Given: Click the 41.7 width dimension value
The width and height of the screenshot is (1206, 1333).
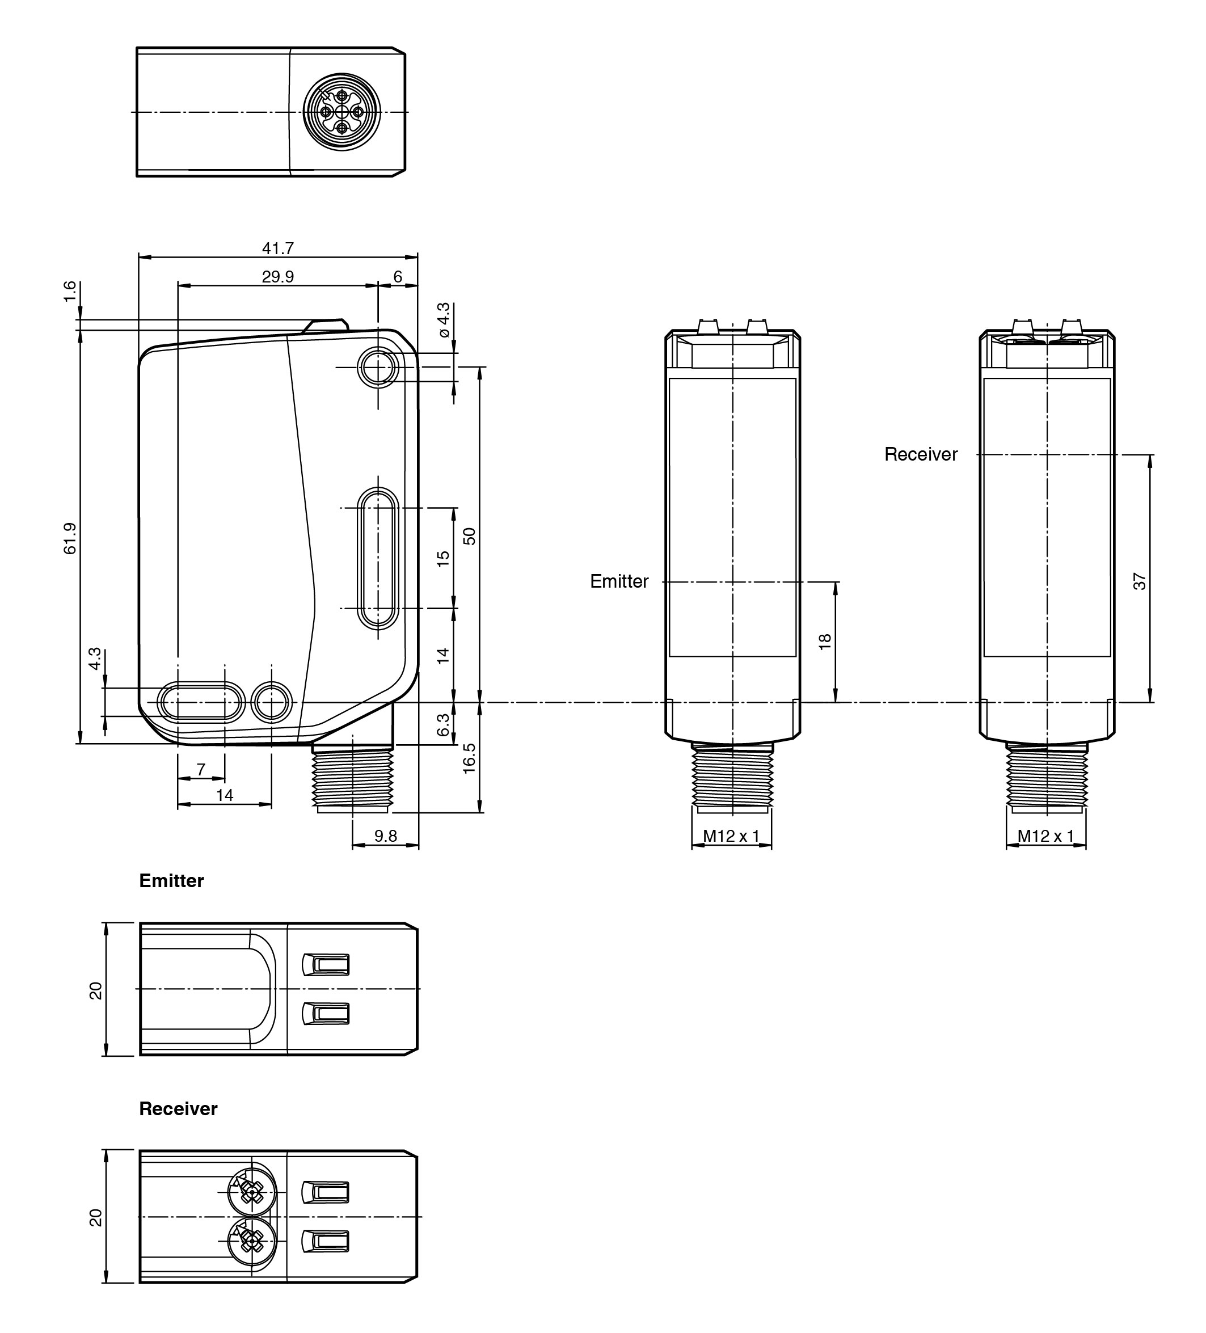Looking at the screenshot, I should pos(278,248).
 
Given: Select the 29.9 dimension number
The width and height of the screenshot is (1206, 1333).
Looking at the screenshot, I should pos(278,277).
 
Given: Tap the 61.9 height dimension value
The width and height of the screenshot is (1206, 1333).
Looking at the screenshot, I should pos(70,538).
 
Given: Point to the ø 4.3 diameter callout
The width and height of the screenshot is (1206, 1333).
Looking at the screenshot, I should pos(444,320).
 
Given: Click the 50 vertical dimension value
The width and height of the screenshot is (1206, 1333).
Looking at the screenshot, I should pos(470,535).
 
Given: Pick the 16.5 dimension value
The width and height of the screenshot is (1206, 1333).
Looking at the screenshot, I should pos(470,758).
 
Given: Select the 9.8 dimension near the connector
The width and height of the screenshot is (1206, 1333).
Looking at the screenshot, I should pos(386,836).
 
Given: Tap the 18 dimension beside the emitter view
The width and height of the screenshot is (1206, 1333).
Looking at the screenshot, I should pos(825,642).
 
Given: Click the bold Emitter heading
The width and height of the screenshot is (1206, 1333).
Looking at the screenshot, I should pos(171,881).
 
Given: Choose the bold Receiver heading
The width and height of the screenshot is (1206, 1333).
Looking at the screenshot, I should pos(178,1109).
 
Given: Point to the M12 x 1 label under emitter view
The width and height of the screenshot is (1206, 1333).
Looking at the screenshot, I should pos(731,836).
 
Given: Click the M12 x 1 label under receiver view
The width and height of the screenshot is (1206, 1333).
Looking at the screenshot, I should pos(1046,836).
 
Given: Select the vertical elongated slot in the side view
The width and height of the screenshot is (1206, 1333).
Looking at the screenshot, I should pos(378,558).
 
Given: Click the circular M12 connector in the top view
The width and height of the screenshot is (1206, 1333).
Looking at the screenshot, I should pos(342,112).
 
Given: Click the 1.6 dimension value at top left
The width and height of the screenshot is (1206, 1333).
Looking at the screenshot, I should pos(70,291).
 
